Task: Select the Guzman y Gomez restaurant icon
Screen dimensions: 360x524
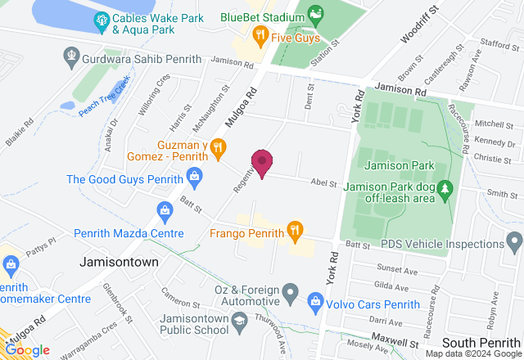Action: (218, 149)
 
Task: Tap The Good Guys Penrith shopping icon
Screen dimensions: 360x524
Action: (194, 174)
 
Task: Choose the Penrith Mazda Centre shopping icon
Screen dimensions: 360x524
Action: (165, 211)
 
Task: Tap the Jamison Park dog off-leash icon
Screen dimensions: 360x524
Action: (445, 190)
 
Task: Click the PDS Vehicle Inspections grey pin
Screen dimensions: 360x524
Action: (514, 242)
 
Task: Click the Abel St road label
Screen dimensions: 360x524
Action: (323, 184)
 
